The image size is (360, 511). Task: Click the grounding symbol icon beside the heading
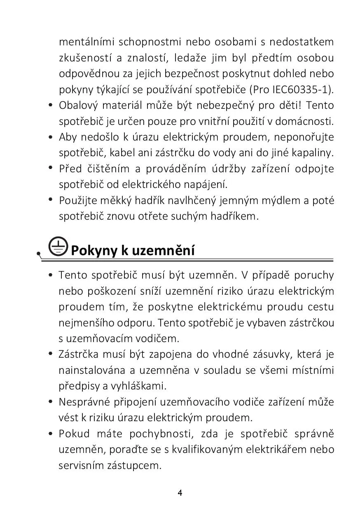tap(57, 246)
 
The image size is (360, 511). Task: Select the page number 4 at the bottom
tap(180, 493)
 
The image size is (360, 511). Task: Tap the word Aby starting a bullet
tap(68, 137)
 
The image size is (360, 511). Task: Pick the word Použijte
tap(78, 200)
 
